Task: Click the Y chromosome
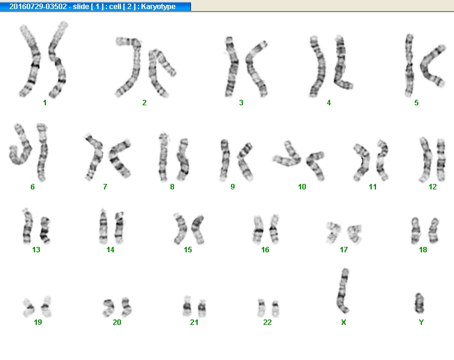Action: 420,303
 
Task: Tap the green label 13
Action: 36,249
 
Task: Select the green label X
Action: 343,322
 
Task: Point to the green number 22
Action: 267,322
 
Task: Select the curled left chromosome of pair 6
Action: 20,145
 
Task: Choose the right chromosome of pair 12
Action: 441,159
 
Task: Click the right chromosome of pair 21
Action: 202,308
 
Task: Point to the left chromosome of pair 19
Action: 28,307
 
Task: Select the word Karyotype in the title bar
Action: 158,7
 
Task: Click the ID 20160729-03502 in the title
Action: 38,7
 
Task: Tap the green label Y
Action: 421,322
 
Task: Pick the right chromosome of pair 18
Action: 433,231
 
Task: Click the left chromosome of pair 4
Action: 317,67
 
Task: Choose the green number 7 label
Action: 105,187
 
